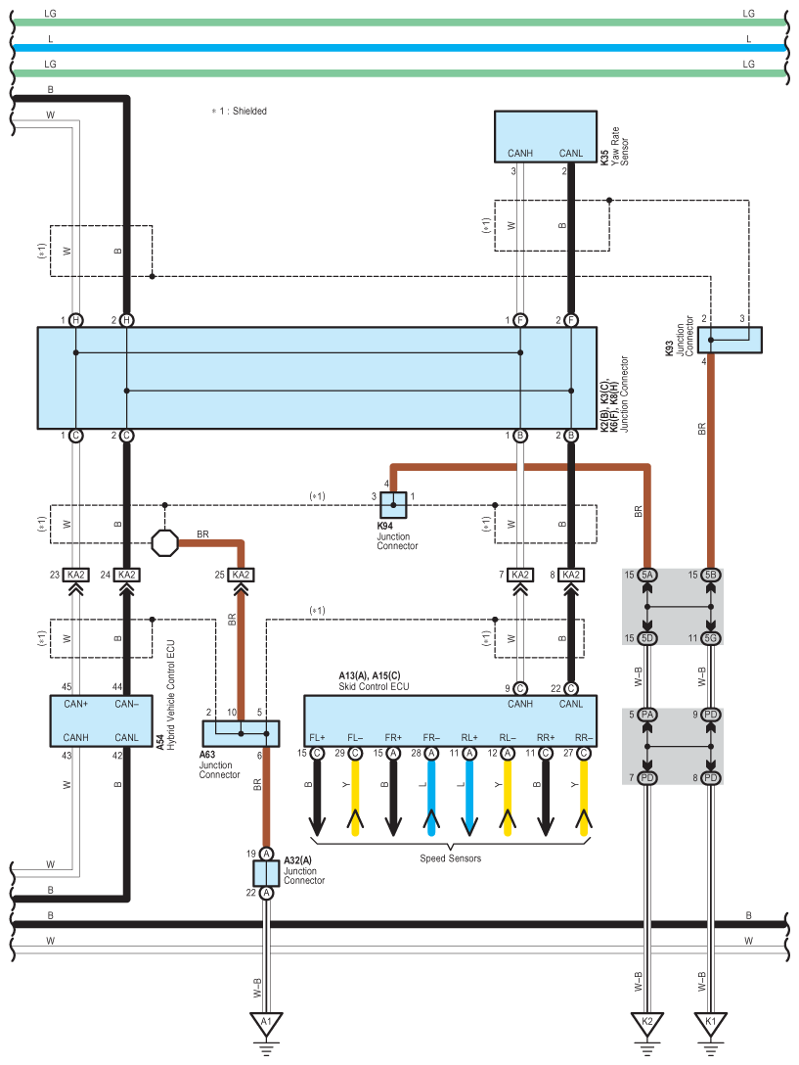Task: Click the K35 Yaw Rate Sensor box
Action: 545,136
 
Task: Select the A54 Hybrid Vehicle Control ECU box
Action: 101,720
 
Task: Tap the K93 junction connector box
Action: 730,340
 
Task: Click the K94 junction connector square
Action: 393,505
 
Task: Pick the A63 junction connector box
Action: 241,733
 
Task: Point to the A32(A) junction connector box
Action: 266,873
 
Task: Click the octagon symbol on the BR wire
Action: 164,542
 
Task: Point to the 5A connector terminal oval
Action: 647,575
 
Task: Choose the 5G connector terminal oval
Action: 710,638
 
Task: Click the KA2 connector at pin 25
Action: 241,575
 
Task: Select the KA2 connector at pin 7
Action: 520,575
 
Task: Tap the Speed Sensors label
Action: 450,858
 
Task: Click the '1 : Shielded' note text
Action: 243,111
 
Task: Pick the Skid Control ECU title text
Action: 374,686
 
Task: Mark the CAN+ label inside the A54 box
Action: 76,704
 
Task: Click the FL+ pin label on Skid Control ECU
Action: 317,738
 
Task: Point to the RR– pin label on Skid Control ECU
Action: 584,738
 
